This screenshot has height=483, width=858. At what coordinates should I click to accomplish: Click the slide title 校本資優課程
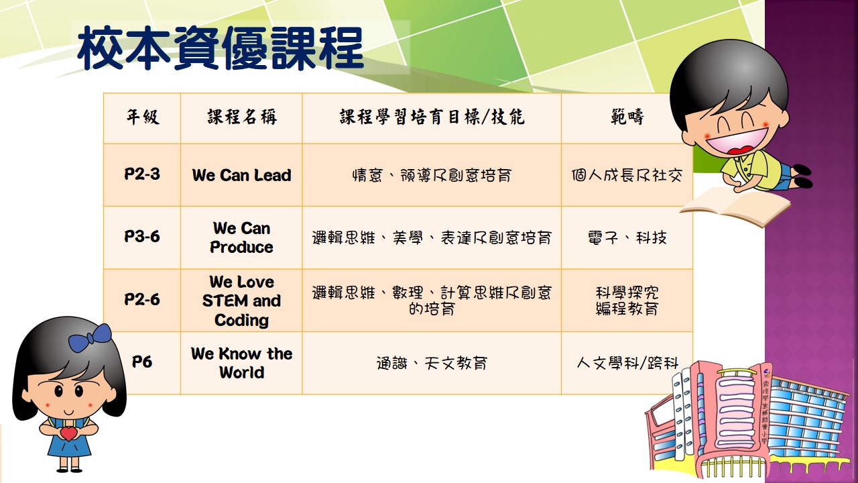[x=221, y=48]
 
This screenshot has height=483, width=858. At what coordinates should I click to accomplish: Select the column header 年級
[x=143, y=117]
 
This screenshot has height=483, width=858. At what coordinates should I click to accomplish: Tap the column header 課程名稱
[x=242, y=117]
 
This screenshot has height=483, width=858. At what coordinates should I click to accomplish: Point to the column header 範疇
[x=627, y=117]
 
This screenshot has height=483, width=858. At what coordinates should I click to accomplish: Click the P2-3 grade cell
[x=142, y=174]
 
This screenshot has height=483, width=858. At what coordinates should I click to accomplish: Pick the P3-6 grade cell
[x=142, y=237]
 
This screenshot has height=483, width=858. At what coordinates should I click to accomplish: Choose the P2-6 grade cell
[x=142, y=299]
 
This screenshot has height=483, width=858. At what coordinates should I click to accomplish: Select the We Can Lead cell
[x=242, y=175]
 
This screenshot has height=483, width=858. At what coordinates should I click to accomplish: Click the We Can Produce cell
[x=242, y=237]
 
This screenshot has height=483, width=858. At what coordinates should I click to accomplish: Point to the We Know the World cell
[x=242, y=363]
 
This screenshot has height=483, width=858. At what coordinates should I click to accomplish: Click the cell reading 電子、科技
[x=627, y=237]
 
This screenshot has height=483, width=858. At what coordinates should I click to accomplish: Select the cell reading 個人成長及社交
[x=627, y=176]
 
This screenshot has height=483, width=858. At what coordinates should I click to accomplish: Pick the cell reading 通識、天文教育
[x=432, y=363]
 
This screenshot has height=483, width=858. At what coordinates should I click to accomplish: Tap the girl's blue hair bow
[x=90, y=338]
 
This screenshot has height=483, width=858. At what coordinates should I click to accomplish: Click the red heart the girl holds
[x=69, y=433]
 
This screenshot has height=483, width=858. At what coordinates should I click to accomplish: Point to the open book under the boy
[x=735, y=206]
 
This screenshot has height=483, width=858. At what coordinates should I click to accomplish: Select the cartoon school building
[x=747, y=420]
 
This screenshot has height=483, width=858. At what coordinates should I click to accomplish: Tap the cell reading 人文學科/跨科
[x=627, y=363]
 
